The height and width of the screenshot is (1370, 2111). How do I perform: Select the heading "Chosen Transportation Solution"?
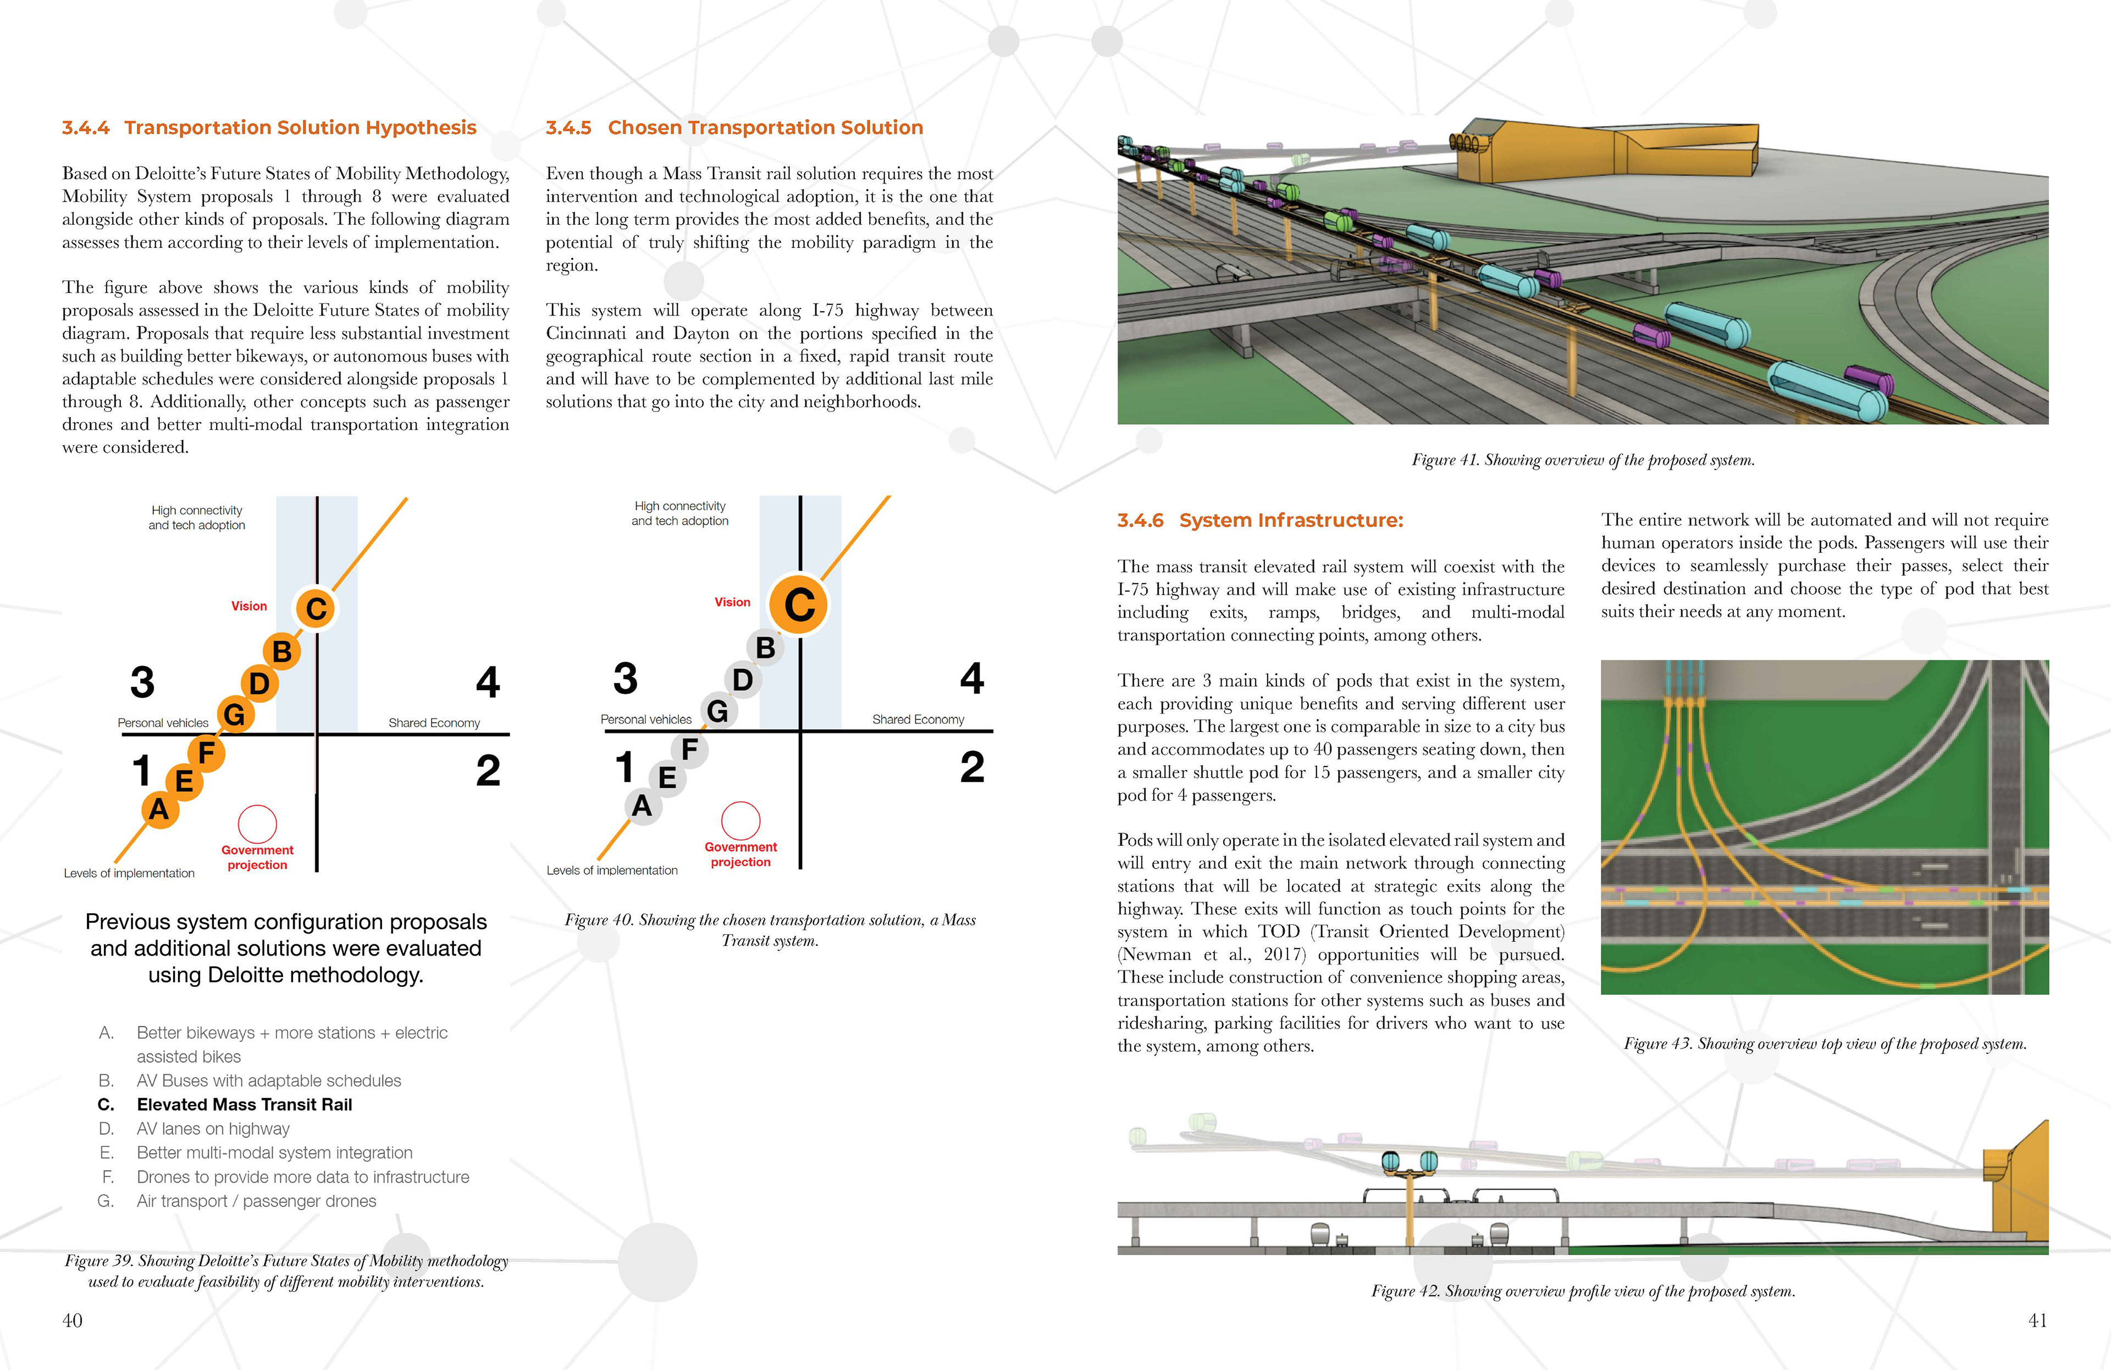(765, 127)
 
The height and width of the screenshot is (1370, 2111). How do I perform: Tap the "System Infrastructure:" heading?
(1291, 520)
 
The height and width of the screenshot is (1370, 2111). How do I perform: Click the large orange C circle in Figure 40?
(799, 604)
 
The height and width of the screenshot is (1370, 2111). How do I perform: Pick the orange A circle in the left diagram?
(159, 809)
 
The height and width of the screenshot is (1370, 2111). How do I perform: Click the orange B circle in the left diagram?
(282, 652)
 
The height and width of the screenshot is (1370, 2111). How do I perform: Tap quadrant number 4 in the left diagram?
(488, 682)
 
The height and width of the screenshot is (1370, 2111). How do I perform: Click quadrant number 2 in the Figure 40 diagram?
(972, 767)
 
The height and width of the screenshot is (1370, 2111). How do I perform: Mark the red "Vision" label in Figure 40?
(733, 602)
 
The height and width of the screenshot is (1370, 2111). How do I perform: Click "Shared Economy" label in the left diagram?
(434, 723)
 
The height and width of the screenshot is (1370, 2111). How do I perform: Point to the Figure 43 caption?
(1825, 1044)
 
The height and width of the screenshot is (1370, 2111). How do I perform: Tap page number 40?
(72, 1321)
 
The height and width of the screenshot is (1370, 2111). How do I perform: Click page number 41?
(2037, 1321)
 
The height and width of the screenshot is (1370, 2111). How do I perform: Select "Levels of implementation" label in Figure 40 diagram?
(612, 871)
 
